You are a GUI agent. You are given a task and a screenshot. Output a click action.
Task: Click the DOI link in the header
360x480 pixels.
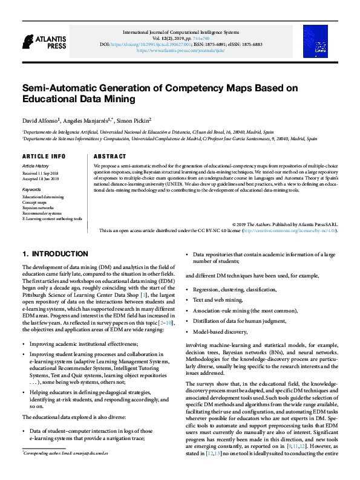159,44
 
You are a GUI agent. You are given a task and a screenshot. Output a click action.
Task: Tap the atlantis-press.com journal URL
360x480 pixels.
181,51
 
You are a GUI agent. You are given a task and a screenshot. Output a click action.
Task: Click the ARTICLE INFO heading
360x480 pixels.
44,156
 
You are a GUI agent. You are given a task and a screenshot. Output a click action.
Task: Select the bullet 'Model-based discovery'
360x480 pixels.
220,331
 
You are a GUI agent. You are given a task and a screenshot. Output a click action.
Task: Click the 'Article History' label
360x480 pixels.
36,165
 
